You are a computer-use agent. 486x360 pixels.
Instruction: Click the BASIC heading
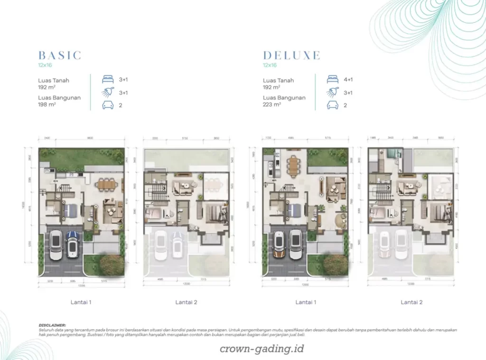click(x=60, y=55)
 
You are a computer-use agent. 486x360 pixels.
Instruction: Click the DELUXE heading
click(x=291, y=55)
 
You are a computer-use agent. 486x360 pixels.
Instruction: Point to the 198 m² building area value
click(x=47, y=104)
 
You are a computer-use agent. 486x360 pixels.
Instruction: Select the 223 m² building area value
click(x=272, y=104)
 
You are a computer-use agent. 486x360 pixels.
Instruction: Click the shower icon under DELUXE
click(x=333, y=92)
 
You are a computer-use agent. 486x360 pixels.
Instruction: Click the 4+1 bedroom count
click(x=348, y=80)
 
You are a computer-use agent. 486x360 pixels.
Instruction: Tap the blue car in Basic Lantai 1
click(x=73, y=244)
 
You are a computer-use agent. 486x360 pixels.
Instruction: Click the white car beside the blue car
click(x=56, y=244)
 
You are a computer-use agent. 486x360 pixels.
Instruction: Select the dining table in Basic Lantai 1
click(x=107, y=183)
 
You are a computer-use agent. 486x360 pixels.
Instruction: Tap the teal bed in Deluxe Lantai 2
click(x=393, y=153)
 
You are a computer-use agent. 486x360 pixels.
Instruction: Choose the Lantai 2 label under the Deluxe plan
click(x=411, y=302)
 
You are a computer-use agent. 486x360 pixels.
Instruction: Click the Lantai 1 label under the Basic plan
click(x=81, y=302)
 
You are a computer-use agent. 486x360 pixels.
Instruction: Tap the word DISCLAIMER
click(x=53, y=325)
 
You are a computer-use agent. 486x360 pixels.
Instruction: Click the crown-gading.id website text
click(x=262, y=349)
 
